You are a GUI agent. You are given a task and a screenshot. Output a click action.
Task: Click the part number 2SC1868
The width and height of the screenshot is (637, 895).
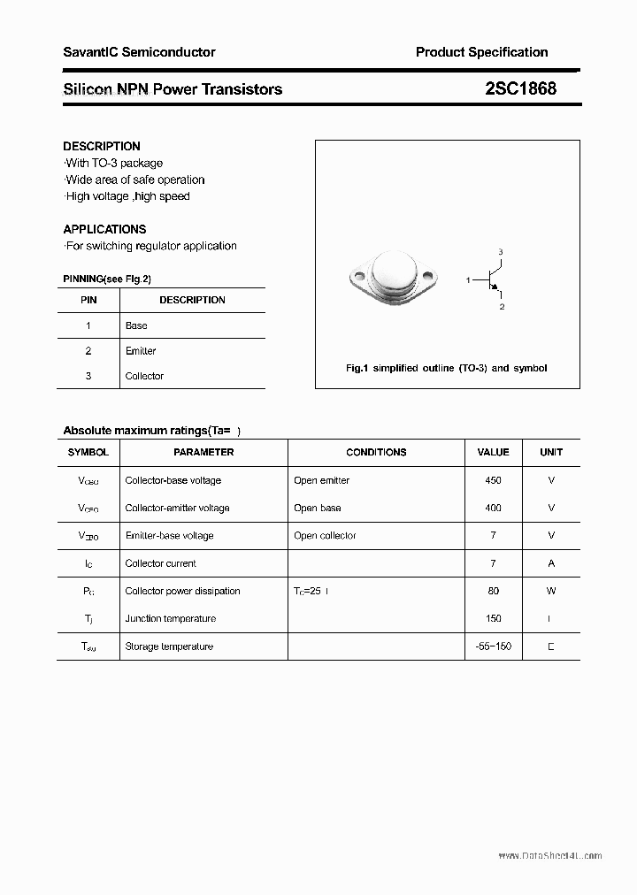point(520,88)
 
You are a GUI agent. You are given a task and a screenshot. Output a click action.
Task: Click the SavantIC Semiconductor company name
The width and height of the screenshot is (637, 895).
point(139,52)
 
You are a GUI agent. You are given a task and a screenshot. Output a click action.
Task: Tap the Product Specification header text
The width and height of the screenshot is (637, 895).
point(481,52)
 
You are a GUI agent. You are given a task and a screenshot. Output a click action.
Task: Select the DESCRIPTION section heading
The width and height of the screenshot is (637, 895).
point(102,146)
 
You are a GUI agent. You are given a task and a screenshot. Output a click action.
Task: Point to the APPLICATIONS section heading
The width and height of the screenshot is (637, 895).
point(104,229)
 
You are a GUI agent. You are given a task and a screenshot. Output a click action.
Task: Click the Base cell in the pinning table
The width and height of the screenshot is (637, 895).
point(136,325)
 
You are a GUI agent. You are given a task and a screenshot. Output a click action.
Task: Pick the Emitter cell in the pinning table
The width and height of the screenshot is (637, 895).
point(141,351)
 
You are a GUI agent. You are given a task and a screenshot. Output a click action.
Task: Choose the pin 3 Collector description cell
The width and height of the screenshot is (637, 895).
point(144,376)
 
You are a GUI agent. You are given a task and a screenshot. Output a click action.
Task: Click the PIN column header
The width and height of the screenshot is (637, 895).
point(88,300)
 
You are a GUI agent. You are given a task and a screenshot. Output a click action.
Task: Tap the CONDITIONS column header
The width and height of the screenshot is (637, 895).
point(376,452)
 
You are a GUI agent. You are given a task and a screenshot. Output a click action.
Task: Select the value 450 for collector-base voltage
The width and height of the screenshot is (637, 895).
point(493,480)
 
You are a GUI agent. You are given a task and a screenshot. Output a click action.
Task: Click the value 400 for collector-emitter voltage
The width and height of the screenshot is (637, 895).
point(493,508)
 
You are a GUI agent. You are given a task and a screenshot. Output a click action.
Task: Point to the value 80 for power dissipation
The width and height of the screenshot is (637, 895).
point(493,591)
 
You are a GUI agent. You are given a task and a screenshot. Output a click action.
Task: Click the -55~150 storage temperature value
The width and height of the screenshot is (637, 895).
point(493,646)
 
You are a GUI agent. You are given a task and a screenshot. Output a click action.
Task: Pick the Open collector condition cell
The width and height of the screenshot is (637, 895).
point(325,536)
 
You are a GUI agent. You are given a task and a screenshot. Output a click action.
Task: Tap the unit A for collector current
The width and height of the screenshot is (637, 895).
point(551,563)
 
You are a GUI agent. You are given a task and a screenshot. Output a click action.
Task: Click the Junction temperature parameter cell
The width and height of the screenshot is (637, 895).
point(170,619)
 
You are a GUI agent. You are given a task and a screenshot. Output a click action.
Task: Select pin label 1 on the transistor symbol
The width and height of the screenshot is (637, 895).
point(468,280)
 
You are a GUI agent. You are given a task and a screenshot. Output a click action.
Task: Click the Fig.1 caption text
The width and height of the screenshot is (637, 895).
point(446,368)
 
